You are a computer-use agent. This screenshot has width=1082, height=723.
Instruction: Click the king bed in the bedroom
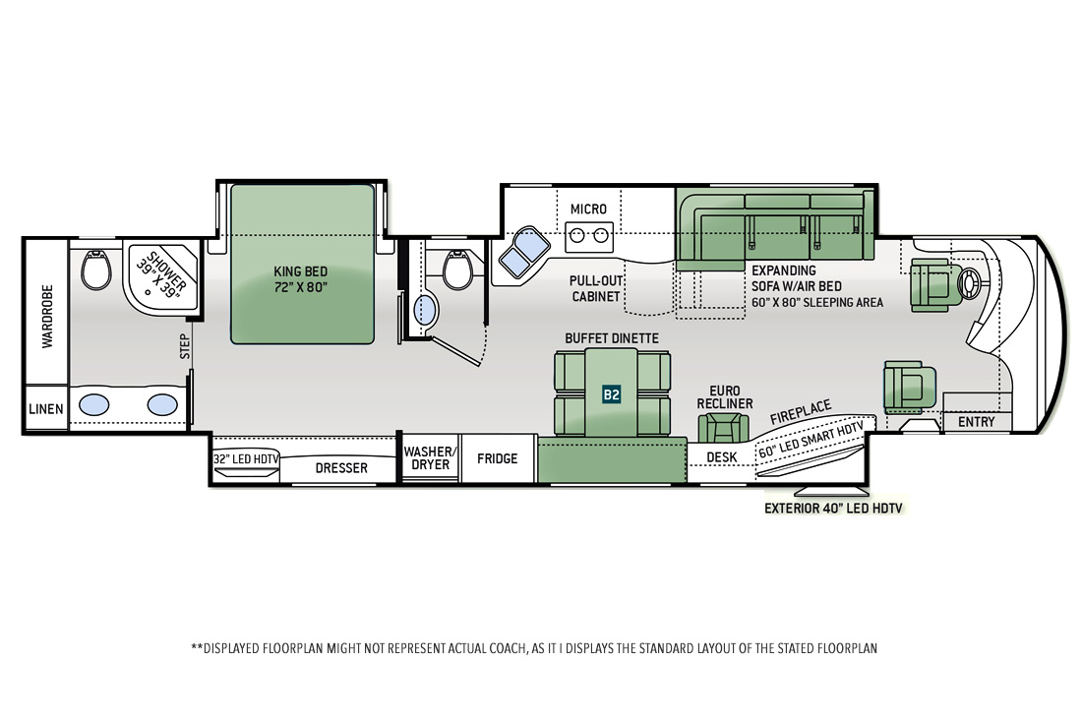pyautogui.click(x=302, y=264)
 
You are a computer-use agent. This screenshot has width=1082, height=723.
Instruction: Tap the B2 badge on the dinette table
pyautogui.click(x=612, y=393)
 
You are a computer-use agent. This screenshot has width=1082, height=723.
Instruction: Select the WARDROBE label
pyautogui.click(x=47, y=316)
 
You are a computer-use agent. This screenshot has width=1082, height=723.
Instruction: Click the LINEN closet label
pyautogui.click(x=46, y=409)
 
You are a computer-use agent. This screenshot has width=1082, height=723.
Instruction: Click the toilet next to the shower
pyautogui.click(x=96, y=270)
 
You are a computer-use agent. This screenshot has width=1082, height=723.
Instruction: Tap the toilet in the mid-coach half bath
pyautogui.click(x=457, y=270)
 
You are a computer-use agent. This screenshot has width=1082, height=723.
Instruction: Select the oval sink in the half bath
pyautogui.click(x=426, y=311)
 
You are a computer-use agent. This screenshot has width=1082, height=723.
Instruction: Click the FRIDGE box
pyautogui.click(x=498, y=458)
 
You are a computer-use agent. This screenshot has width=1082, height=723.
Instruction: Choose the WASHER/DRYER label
pyautogui.click(x=430, y=458)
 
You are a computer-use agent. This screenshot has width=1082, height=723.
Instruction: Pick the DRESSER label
pyautogui.click(x=341, y=468)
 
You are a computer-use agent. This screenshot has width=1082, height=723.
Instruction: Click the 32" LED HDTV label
pyautogui.click(x=246, y=458)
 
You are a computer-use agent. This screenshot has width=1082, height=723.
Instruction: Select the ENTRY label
pyautogui.click(x=977, y=422)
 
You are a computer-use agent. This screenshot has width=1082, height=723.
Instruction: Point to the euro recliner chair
pyautogui.click(x=723, y=427)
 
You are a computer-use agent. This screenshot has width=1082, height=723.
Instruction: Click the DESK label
pyautogui.click(x=722, y=457)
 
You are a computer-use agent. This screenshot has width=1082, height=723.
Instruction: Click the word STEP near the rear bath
pyautogui.click(x=185, y=346)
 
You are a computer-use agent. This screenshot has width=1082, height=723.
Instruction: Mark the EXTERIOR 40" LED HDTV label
pyautogui.click(x=833, y=509)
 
